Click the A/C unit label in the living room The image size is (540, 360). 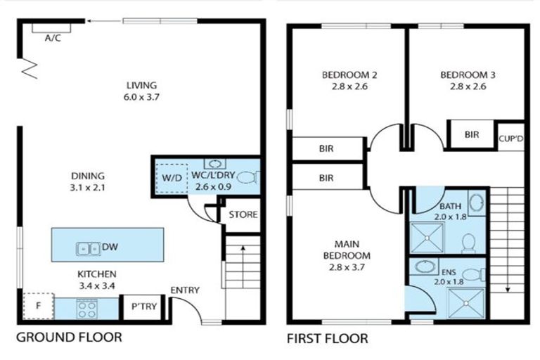tap(53, 38)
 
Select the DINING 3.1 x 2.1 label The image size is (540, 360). tap(88, 182)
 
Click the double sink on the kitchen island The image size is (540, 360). tap(89, 247)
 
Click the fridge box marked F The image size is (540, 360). tap(39, 307)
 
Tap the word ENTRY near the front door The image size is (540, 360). tap(185, 290)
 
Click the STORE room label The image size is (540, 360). tap(243, 214)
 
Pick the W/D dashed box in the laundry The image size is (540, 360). tap(172, 179)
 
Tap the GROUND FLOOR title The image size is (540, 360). tap(69, 337)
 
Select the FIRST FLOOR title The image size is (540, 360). tap(327, 338)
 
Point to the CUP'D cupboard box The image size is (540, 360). tap(510, 137)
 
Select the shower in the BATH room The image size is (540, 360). tap(426, 238)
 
